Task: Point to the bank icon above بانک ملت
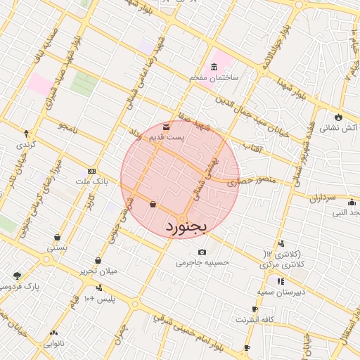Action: point(91,171)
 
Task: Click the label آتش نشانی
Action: point(339,128)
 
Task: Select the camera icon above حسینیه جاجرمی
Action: point(202,252)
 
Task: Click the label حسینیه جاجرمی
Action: point(202,262)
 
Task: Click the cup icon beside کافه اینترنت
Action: point(255,309)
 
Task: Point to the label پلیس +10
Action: point(99,299)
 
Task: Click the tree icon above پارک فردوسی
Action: point(17,276)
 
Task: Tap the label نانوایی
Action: point(54,344)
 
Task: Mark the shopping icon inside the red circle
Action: point(153,204)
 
